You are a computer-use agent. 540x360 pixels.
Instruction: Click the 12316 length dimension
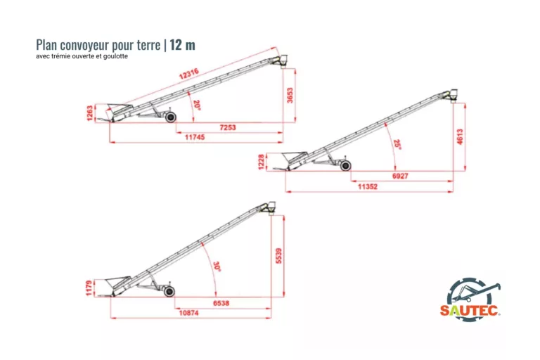pyautogui.click(x=188, y=74)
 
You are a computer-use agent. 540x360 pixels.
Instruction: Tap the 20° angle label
pyautogui.click(x=197, y=105)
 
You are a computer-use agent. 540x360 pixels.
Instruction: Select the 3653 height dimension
pyautogui.click(x=290, y=96)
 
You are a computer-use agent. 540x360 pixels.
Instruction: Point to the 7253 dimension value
pyautogui.click(x=228, y=127)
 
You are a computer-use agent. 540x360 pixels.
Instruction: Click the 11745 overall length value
pyautogui.click(x=195, y=137)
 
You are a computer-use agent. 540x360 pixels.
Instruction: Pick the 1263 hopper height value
pyautogui.click(x=90, y=113)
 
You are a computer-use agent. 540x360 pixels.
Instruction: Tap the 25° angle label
pyautogui.click(x=397, y=144)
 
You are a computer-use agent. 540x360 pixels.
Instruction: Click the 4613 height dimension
pyautogui.click(x=460, y=136)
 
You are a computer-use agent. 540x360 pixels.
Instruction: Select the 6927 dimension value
pyautogui.click(x=400, y=176)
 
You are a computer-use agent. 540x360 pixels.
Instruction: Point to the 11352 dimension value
pyautogui.click(x=368, y=187)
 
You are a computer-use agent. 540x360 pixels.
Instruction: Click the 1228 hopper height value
pyautogui.click(x=261, y=162)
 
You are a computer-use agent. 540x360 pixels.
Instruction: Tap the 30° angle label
pyautogui.click(x=217, y=266)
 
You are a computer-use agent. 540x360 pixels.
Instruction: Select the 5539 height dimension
pyautogui.click(x=278, y=256)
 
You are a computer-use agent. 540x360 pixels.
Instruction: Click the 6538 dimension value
pyautogui.click(x=221, y=303)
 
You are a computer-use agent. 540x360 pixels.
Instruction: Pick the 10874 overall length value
pyautogui.click(x=188, y=313)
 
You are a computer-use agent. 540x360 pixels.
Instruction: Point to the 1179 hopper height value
pyautogui.click(x=89, y=288)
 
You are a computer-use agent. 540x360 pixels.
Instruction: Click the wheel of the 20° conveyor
pyautogui.click(x=170, y=117)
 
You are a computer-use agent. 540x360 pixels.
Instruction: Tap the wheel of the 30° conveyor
pyautogui.click(x=169, y=291)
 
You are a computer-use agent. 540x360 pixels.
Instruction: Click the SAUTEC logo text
pyautogui.click(x=470, y=310)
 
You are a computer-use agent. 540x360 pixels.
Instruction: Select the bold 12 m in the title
pyautogui.click(x=183, y=45)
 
